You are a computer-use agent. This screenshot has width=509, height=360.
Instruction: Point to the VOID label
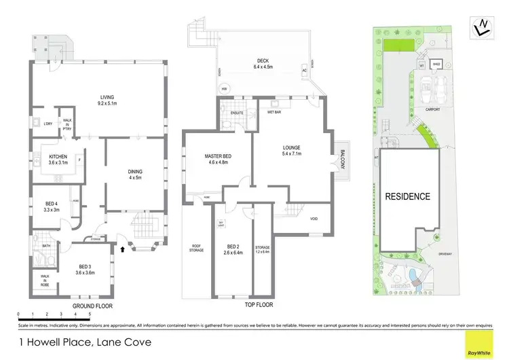click(314, 218)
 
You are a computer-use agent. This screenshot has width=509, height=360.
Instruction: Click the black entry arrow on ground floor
click(122, 249)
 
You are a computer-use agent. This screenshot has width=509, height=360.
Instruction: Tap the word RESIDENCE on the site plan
click(408, 196)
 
